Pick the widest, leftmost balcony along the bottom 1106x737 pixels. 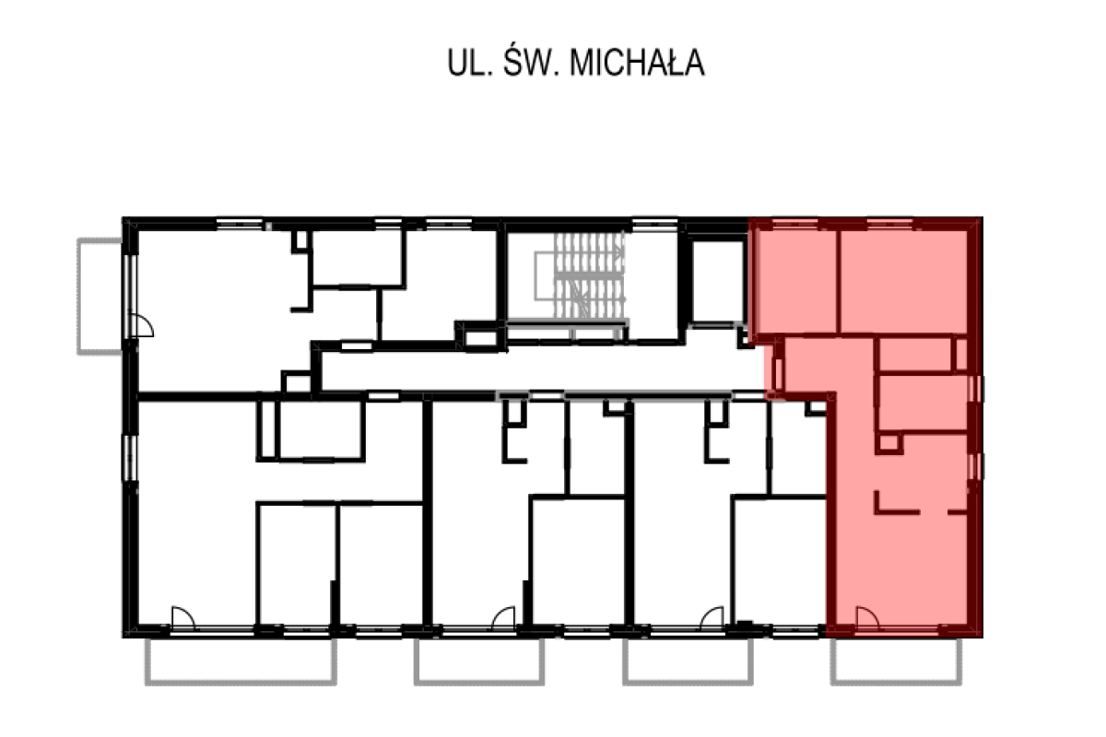[241, 663]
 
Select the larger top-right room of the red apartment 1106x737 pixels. [903, 281]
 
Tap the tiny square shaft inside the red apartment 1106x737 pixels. [888, 444]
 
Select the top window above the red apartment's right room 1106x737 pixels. [889, 223]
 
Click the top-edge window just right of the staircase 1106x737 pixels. [655, 223]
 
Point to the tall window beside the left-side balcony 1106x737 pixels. [130, 295]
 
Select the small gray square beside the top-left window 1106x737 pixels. [269, 226]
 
